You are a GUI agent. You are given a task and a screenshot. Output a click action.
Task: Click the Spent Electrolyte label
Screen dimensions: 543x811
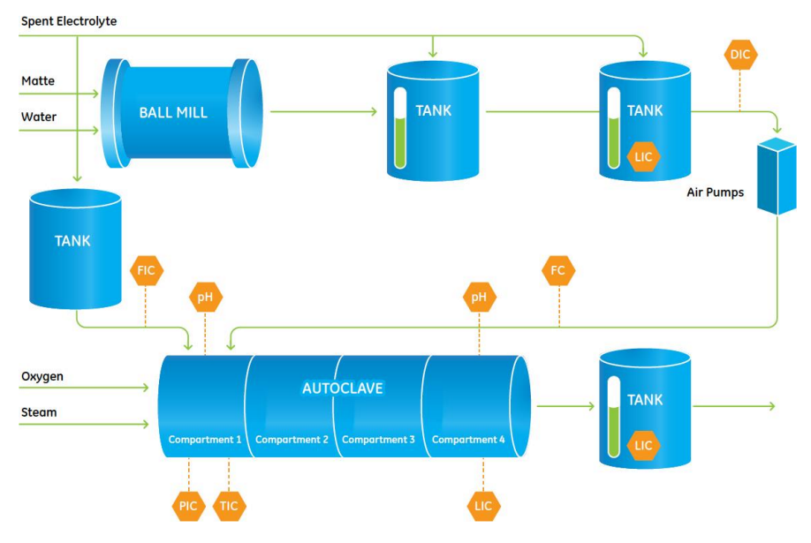pyautogui.click(x=69, y=20)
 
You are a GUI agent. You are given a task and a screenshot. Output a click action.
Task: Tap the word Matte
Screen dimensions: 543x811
pyautogui.click(x=38, y=81)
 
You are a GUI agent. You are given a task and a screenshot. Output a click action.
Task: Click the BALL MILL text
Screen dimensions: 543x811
pyautogui.click(x=173, y=112)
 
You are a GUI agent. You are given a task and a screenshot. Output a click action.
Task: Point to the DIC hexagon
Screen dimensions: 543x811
pyautogui.click(x=739, y=56)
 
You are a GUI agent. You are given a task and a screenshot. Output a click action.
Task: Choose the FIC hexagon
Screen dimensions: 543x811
pyautogui.click(x=147, y=270)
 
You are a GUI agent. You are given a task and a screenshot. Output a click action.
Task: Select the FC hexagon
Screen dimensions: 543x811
pyautogui.click(x=558, y=270)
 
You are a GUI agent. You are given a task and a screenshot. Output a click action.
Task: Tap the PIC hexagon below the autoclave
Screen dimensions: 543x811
pyautogui.click(x=188, y=506)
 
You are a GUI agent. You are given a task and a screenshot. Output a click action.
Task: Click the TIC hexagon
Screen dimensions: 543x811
pyautogui.click(x=229, y=506)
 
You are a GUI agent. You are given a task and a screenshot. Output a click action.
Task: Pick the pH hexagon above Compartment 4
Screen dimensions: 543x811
pyautogui.click(x=479, y=298)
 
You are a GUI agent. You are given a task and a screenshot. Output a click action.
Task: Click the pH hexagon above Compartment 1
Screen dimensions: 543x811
pyautogui.click(x=205, y=298)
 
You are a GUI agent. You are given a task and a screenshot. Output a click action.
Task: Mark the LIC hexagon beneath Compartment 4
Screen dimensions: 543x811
pyautogui.click(x=483, y=506)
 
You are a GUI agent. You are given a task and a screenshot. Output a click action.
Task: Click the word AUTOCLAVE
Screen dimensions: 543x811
pyautogui.click(x=343, y=388)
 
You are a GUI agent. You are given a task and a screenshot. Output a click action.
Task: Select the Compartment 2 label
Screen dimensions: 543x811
pyautogui.click(x=292, y=439)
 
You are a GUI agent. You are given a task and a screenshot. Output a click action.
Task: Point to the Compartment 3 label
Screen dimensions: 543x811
pyautogui.click(x=378, y=439)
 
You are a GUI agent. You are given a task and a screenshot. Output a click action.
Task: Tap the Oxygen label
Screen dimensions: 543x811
pyautogui.click(x=42, y=377)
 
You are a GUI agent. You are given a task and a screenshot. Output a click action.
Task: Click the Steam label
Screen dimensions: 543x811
pyautogui.click(x=39, y=412)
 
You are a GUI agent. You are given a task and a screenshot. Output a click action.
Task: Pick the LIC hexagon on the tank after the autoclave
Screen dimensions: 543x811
pyautogui.click(x=643, y=445)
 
